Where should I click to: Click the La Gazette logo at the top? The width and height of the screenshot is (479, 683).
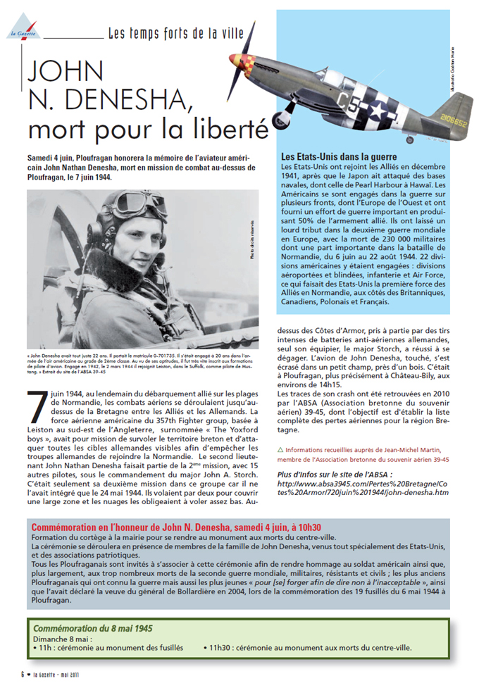(17, 30)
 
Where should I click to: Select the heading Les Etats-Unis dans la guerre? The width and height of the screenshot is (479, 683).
(339, 156)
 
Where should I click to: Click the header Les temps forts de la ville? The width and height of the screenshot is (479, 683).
(176, 32)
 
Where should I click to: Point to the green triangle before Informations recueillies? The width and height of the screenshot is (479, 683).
(281, 449)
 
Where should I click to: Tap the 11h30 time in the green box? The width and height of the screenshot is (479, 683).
(221, 647)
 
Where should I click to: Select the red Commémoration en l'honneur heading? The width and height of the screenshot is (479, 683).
(177, 527)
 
